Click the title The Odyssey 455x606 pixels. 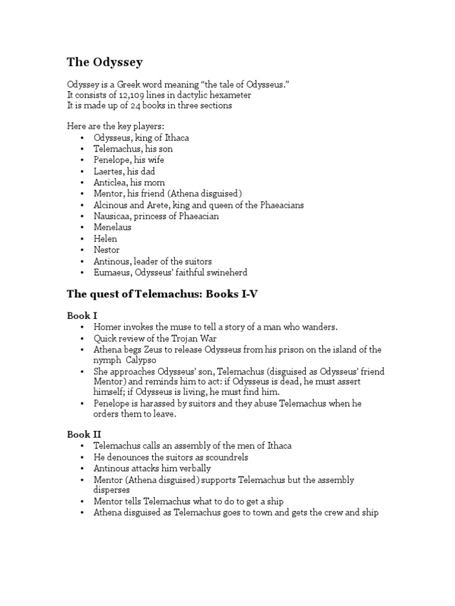tap(104, 62)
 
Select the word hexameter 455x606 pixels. tap(230, 95)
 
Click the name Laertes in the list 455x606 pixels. tap(108, 171)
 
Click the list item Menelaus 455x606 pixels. tap(113, 227)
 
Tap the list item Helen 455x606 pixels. tap(105, 238)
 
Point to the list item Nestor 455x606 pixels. tap(107, 250)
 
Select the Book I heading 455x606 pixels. tap(82, 316)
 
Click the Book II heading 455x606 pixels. tap(84, 434)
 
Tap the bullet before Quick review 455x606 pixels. tap(83, 339)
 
